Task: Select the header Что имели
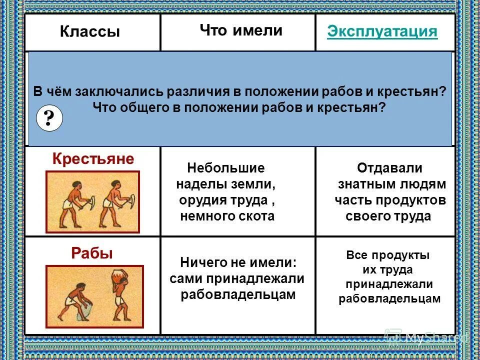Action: pos(241,30)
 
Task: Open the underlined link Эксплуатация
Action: pos(382,32)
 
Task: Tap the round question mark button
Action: pos(49,119)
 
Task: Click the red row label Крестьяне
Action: pos(93,159)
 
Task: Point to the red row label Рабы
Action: pos(92,253)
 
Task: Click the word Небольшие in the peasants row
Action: pos(225,168)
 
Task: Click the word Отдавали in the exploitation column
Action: pos(390,168)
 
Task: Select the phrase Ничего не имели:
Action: pos(238,262)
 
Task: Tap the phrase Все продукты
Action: pos(388,255)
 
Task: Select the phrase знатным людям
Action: pos(391,184)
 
